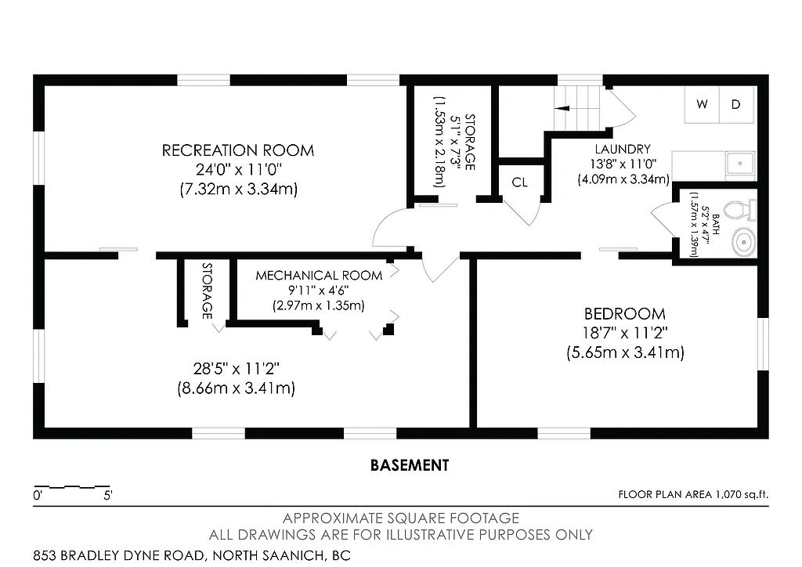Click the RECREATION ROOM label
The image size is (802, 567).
238,150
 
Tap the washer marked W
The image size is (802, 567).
702,105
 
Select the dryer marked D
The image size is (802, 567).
736,105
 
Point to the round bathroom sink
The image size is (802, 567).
743,242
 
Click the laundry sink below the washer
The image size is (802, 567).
739,164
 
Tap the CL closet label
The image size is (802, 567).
520,182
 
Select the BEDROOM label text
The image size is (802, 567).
625,313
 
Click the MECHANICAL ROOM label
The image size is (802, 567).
319,276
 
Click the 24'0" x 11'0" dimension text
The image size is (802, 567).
238,169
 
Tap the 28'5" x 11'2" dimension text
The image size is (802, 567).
237,368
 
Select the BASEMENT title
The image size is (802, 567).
410,465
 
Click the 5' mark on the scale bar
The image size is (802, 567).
107,495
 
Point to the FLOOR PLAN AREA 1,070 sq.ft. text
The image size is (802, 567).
694,494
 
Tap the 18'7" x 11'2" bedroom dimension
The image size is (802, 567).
625,333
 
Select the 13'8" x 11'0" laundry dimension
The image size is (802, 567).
623,164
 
